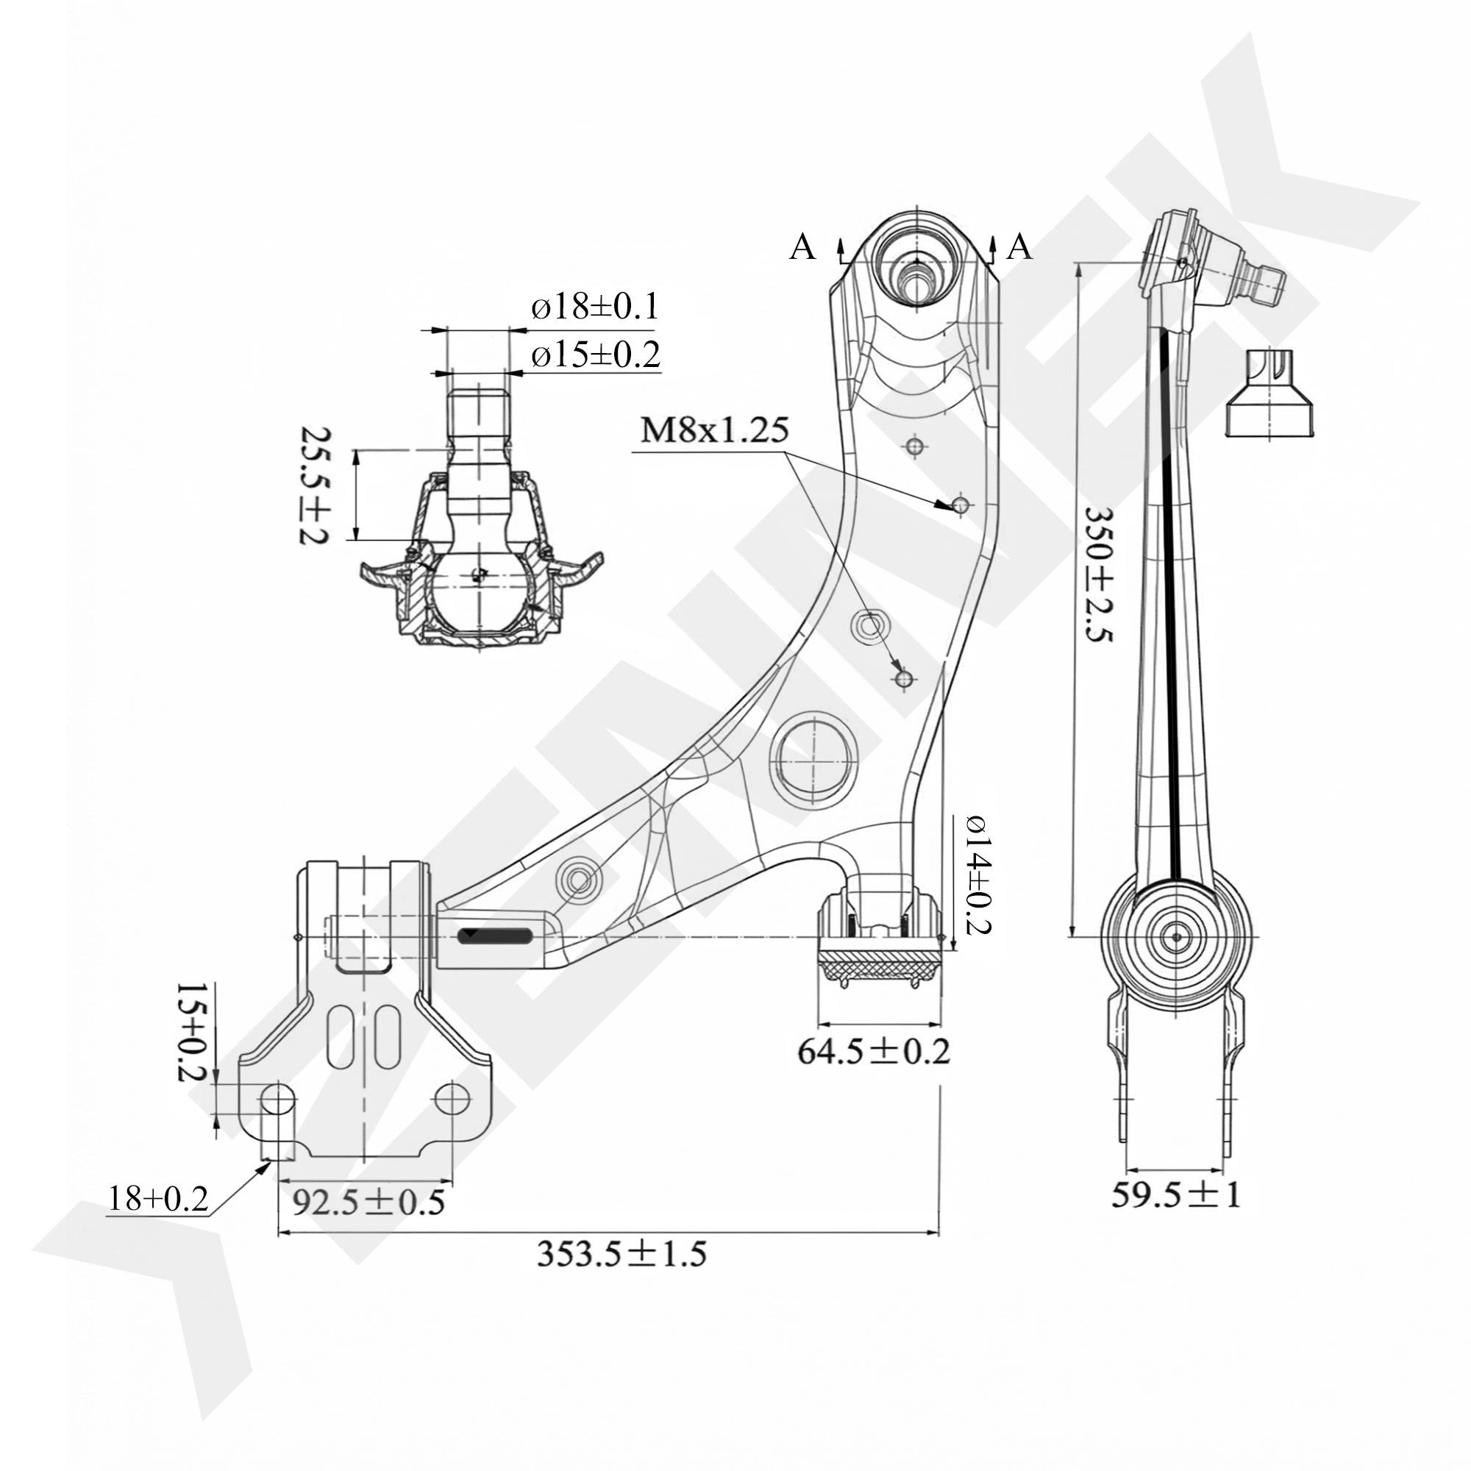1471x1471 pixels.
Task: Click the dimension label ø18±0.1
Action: click(x=594, y=307)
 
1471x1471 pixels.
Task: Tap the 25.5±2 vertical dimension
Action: click(x=312, y=484)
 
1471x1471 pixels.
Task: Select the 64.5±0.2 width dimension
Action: click(x=874, y=1053)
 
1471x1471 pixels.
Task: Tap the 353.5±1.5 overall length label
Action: click(x=621, y=1275)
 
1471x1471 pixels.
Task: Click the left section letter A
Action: click(x=802, y=247)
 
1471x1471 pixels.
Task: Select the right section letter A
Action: click(x=1019, y=247)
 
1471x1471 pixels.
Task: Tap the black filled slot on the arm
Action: click(x=496, y=936)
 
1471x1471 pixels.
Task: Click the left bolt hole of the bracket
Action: click(x=277, y=1100)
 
